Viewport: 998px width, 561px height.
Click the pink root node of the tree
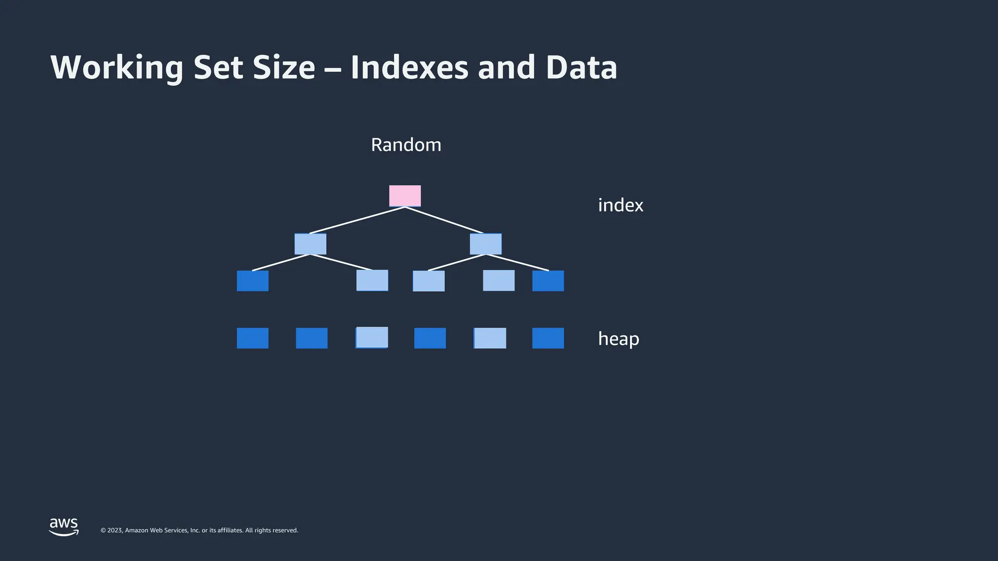click(x=404, y=196)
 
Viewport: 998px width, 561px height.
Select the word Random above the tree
click(x=406, y=145)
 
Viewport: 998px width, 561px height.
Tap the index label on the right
click(x=620, y=205)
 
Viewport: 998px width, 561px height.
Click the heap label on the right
click(x=618, y=338)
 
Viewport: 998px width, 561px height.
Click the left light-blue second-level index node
click(x=310, y=244)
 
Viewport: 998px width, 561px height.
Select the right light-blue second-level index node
click(x=485, y=244)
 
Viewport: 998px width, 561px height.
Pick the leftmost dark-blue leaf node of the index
click(x=252, y=281)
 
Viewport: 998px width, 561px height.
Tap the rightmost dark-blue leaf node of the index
click(x=548, y=281)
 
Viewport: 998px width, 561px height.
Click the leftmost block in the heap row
click(x=252, y=338)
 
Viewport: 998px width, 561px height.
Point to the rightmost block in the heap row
click(x=548, y=338)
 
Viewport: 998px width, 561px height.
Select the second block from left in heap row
click(x=311, y=338)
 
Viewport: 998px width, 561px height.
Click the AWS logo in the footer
click(x=64, y=526)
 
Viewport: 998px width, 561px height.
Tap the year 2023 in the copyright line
click(x=115, y=530)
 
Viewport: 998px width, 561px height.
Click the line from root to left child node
click(x=357, y=220)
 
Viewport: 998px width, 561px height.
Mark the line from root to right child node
click(x=444, y=220)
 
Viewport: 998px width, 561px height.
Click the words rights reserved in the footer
click(x=280, y=530)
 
